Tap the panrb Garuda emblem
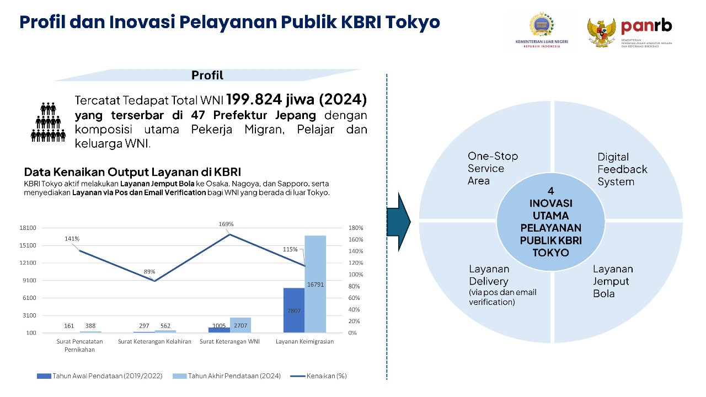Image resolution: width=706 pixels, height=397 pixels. click(601, 33)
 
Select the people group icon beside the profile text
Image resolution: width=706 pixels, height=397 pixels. click(48, 121)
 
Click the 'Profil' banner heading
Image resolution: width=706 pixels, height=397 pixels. click(207, 76)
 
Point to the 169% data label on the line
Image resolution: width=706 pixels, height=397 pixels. click(226, 224)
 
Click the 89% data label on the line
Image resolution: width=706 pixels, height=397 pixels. click(149, 272)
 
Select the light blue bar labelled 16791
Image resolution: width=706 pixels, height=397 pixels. click(315, 284)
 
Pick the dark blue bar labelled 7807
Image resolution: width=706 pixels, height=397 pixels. click(294, 310)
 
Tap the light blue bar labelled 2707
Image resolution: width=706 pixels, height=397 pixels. click(240, 325)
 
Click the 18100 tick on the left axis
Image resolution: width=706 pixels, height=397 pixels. click(28, 228)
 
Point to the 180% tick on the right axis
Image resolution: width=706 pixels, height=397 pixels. click(355, 228)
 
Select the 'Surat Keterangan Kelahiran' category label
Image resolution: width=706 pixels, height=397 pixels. click(154, 341)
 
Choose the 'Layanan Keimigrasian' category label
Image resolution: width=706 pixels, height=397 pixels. click(304, 341)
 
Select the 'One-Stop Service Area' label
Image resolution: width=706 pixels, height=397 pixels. click(493, 168)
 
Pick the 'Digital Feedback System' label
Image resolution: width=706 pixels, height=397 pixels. click(622, 169)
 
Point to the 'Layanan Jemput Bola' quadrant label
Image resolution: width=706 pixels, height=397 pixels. click(613, 281)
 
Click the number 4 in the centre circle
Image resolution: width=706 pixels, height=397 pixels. click(550, 191)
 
